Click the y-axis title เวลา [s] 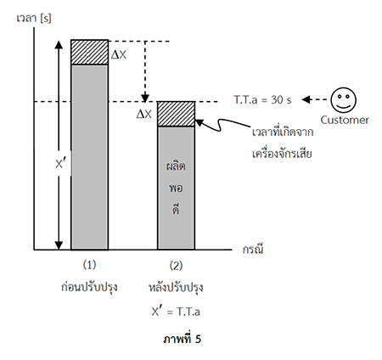[x=34, y=19]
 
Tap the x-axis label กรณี [x=253, y=249]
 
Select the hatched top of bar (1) [x=89, y=53]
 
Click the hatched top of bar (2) [x=176, y=114]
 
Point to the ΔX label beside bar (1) [x=119, y=54]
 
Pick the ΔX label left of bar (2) [x=144, y=114]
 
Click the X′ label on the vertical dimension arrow [x=60, y=164]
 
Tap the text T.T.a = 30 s [x=262, y=100]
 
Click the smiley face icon [x=344, y=100]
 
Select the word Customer [x=345, y=120]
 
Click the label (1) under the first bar [x=89, y=265]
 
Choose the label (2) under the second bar [x=176, y=266]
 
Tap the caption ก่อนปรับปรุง [x=89, y=287]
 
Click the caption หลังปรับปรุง [x=176, y=287]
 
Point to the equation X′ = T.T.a [x=176, y=312]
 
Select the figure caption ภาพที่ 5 [x=183, y=339]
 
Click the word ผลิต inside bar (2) [x=176, y=166]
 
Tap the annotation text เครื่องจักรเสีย [x=282, y=154]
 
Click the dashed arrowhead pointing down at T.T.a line [x=145, y=98]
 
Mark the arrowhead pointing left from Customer [x=306, y=99]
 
